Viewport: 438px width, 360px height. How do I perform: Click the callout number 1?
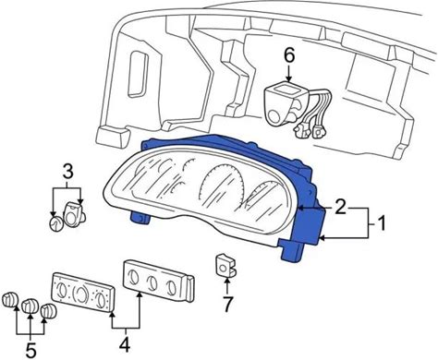(381, 223)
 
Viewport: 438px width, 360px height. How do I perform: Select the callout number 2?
(340, 207)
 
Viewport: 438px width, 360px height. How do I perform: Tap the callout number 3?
(67, 172)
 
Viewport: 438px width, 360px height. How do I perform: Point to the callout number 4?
(125, 344)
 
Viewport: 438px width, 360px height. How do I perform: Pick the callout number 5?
(30, 350)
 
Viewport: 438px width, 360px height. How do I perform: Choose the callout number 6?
(289, 55)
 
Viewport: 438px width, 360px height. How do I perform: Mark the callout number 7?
(227, 305)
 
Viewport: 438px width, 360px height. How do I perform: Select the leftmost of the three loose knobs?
(10, 300)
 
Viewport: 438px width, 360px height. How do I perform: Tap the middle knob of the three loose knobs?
(30, 306)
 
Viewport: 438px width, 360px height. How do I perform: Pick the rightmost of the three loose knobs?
(49, 311)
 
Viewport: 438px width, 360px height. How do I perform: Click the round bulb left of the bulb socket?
(55, 223)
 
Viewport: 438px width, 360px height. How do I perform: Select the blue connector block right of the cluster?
(309, 226)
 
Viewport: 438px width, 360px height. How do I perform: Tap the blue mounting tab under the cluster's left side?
(140, 218)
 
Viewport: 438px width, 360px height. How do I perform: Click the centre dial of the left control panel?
(80, 292)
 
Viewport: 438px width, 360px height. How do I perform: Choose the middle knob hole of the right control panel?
(151, 281)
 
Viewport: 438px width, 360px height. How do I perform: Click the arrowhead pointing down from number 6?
(289, 78)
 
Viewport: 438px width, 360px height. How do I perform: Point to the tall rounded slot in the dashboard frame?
(136, 74)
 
